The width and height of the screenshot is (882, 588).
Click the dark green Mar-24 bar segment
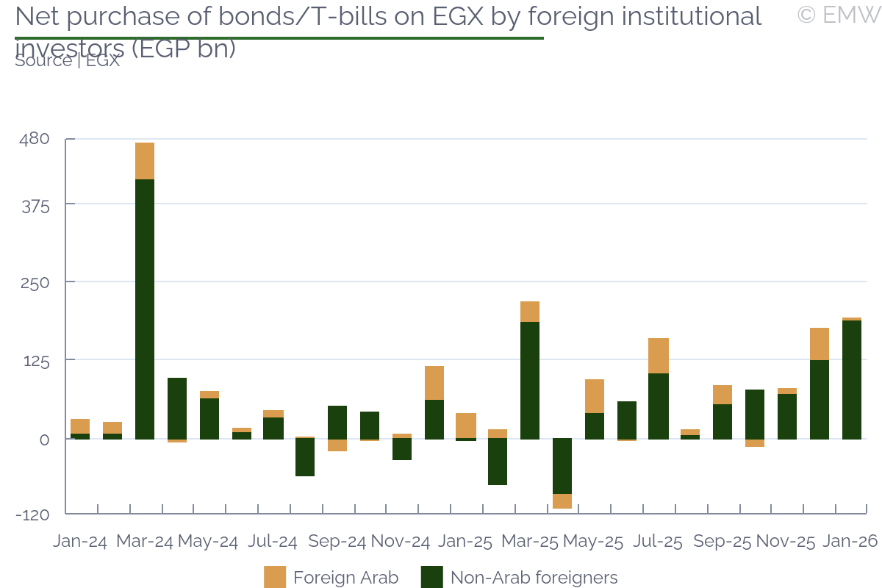(x=145, y=309)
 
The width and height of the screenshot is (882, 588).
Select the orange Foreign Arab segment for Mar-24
(x=145, y=161)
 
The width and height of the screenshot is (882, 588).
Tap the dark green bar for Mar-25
(x=530, y=380)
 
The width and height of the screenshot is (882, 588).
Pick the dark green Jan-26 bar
(x=852, y=379)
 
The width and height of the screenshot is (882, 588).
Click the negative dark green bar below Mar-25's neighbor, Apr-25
(x=562, y=466)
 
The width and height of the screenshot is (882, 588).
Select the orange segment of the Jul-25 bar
(x=659, y=356)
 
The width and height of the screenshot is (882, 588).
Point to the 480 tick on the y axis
(x=35, y=139)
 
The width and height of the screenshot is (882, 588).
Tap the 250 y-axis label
(x=35, y=282)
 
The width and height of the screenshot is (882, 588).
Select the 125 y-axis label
(x=35, y=360)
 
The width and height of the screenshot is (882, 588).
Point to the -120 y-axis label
(x=32, y=514)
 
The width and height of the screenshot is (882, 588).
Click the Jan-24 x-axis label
(x=80, y=542)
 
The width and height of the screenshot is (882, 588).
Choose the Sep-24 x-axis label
(x=337, y=542)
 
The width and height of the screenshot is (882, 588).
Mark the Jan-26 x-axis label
(x=850, y=542)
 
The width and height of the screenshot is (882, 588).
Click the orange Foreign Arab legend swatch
(x=275, y=578)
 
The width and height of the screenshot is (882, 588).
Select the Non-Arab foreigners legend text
(x=534, y=578)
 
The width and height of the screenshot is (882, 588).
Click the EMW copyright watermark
(x=838, y=15)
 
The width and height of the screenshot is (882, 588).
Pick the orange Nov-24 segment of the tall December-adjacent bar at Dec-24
(x=434, y=383)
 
